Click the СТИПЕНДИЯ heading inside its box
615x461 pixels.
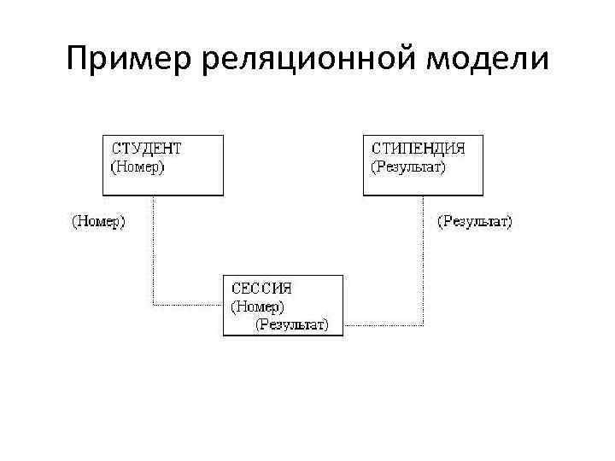click(417, 148)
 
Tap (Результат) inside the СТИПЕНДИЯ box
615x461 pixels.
click(408, 166)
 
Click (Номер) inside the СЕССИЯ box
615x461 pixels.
click(258, 306)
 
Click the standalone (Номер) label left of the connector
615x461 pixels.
click(97, 222)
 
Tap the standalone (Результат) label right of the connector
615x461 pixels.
click(475, 222)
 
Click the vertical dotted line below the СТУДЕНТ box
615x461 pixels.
click(154, 248)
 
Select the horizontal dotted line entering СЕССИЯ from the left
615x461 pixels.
click(188, 305)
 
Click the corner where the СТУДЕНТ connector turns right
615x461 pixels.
click(154, 305)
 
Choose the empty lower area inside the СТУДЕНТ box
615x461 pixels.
click(162, 184)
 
